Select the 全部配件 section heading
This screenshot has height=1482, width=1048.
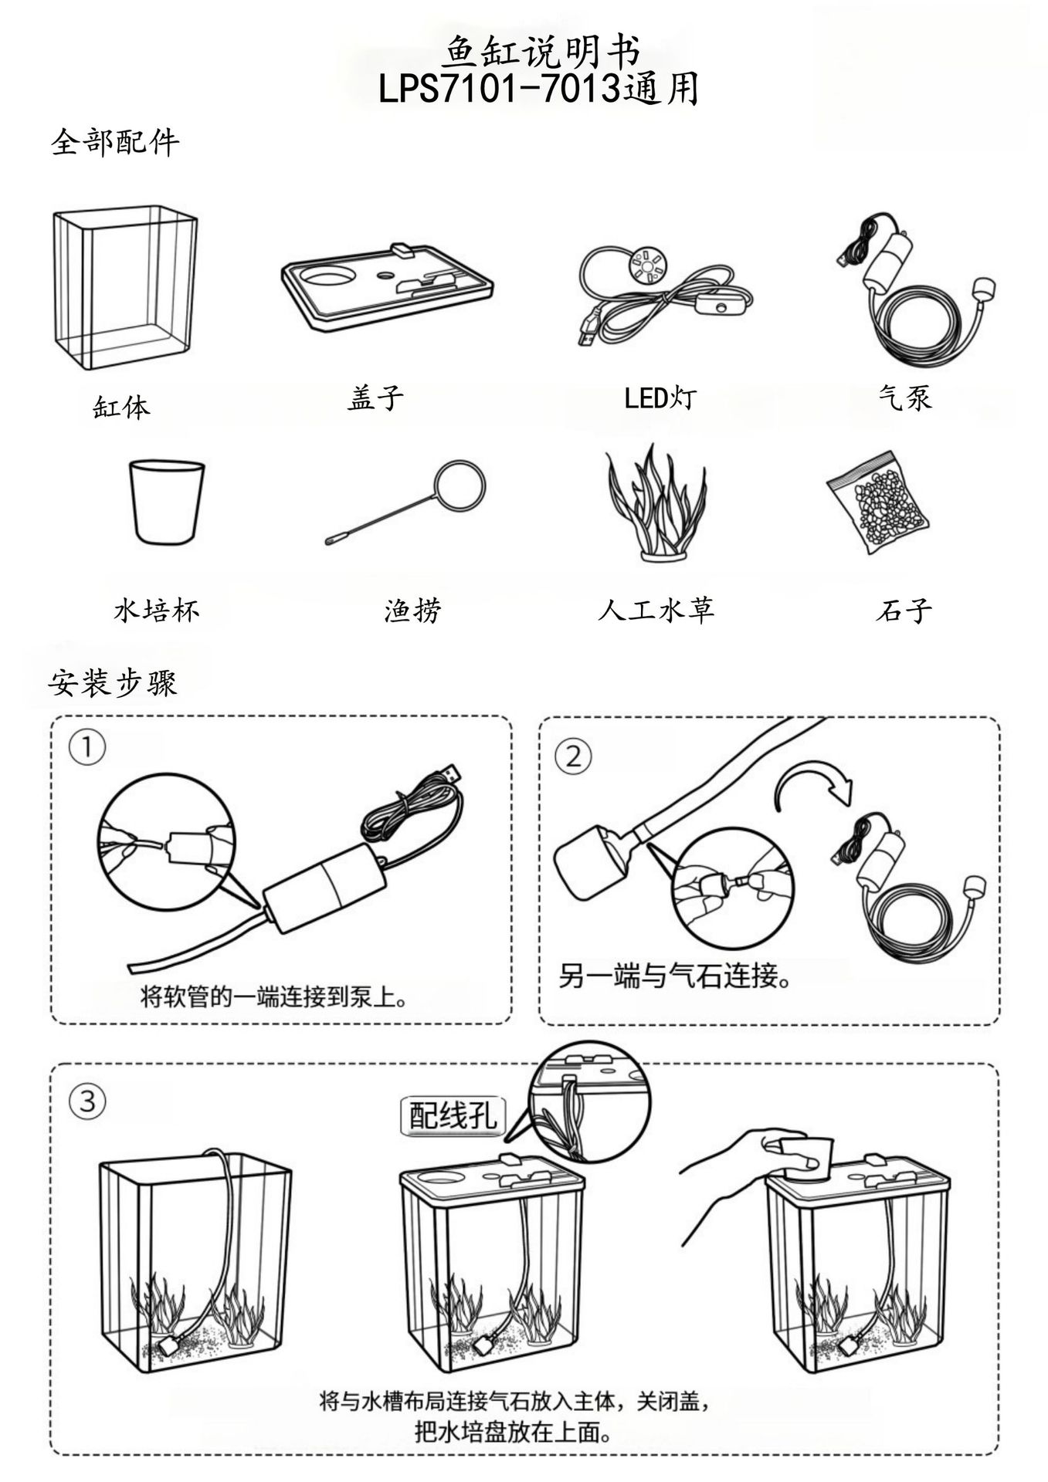coord(115,142)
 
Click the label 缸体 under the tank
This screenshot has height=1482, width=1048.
coord(121,407)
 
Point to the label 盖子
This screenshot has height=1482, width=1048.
coord(375,398)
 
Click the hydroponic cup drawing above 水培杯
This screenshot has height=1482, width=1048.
coord(167,502)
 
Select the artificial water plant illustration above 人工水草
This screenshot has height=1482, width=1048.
coord(656,502)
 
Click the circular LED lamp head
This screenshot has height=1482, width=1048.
coord(646,265)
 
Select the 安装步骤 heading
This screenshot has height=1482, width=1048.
coord(113,682)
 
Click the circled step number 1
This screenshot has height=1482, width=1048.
coord(87,748)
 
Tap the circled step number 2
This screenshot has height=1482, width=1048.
coord(574,756)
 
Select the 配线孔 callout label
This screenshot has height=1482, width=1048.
coord(453,1115)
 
